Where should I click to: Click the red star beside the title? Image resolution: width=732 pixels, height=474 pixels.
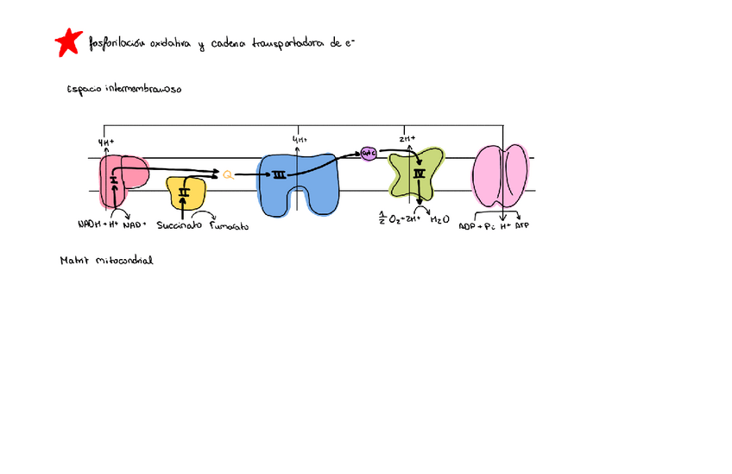pos(67,41)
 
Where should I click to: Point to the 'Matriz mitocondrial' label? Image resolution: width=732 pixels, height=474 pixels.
pos(106,259)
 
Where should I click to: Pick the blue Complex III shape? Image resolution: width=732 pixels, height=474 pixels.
pos(298,182)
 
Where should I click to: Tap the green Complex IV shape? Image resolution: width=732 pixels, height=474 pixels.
pos(416,172)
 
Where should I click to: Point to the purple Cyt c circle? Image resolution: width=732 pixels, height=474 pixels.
pos(369,152)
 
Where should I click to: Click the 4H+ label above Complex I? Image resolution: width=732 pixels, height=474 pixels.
pos(107,142)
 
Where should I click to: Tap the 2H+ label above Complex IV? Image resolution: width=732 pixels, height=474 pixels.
pos(407,138)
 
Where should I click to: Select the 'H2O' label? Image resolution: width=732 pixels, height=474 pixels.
pos(439,219)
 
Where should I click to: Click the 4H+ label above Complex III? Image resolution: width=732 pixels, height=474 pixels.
pos(300,139)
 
